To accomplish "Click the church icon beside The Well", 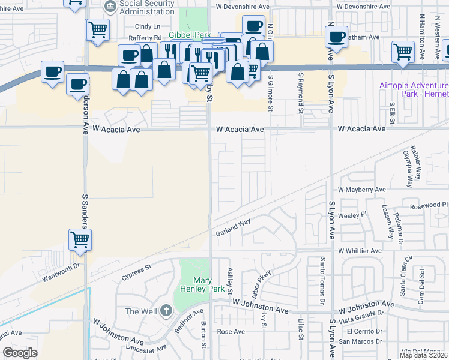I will click(x=166, y=311).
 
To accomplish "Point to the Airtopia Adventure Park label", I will click(x=414, y=89).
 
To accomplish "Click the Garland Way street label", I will click(x=233, y=228).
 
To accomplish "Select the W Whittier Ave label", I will click(x=360, y=251).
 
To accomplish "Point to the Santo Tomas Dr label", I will click(x=322, y=280).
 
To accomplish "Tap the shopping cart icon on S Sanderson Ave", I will click(x=80, y=239).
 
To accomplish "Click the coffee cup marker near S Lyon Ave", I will click(x=337, y=37).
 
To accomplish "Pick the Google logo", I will click(x=20, y=353).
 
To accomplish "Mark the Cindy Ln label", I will click(x=148, y=26).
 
